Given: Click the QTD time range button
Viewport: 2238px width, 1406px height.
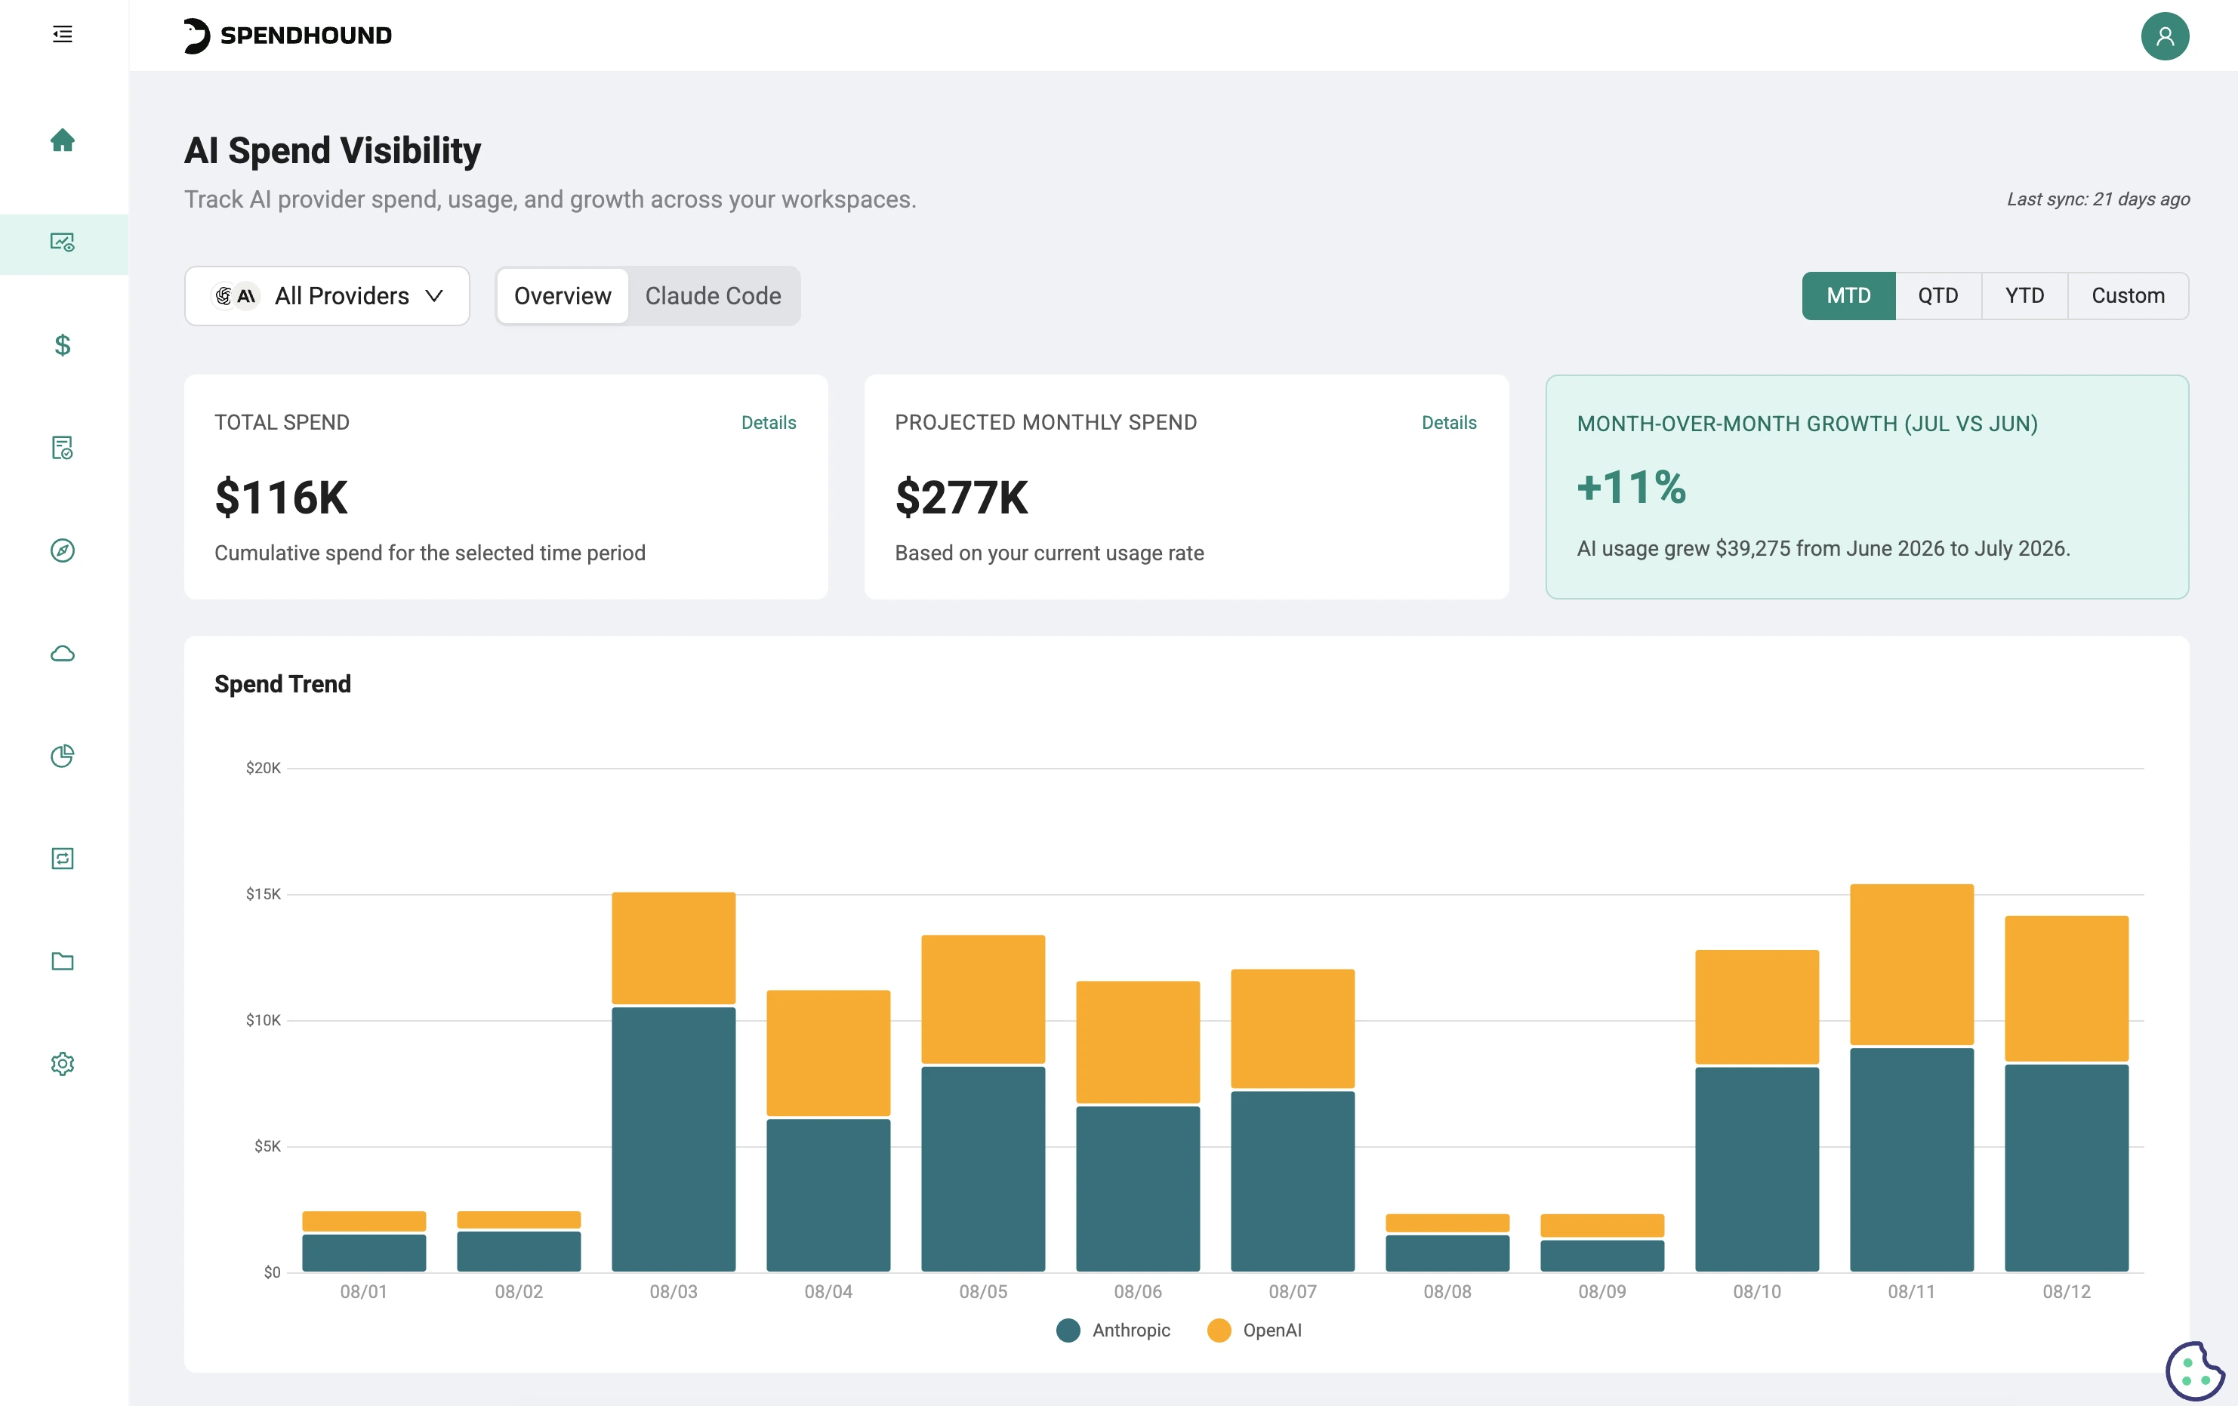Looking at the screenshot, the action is point(1937,295).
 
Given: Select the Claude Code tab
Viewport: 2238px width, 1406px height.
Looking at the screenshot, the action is point(713,295).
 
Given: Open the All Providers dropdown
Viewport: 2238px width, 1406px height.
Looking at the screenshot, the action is point(327,295).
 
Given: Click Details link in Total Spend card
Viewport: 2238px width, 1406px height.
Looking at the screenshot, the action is point(769,422).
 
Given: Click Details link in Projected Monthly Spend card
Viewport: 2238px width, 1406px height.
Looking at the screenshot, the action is point(1449,422).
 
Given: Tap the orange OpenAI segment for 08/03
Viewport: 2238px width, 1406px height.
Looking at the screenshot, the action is point(674,948).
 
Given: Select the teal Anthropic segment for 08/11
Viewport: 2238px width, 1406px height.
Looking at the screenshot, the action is point(1912,1160).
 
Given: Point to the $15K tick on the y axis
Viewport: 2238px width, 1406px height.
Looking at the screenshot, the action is point(263,894).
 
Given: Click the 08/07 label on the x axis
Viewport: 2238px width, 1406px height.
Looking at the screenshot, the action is point(1293,1292).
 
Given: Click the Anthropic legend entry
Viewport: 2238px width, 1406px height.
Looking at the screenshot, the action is point(1114,1330).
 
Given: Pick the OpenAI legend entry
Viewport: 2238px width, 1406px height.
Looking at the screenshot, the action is point(1255,1330).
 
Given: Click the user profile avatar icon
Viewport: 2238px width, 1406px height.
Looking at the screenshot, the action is point(2165,36).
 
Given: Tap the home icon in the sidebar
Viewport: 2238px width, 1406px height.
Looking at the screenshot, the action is point(62,140).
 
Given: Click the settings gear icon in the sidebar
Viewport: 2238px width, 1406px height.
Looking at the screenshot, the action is point(62,1063).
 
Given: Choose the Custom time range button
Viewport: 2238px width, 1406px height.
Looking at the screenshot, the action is point(2129,295).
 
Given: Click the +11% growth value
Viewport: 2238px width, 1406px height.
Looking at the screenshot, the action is point(1631,487).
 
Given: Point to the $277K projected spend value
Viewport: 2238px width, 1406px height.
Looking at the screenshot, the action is point(961,497).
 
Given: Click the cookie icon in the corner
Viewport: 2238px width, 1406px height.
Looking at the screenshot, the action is point(2194,1371).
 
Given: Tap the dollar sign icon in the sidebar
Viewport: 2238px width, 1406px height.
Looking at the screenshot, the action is point(62,345).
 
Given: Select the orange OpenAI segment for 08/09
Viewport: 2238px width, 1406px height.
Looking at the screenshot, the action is point(1602,1225).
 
